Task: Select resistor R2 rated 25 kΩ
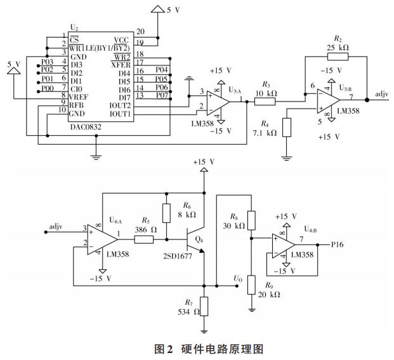point(339,56)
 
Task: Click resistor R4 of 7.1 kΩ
point(287,126)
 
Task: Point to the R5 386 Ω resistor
point(144,240)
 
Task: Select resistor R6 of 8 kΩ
point(166,213)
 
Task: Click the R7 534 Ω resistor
point(204,307)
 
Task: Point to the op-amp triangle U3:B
point(329,100)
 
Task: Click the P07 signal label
point(162,95)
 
